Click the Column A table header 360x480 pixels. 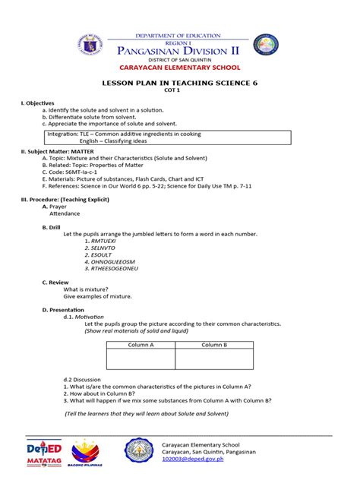(x=141, y=344)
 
